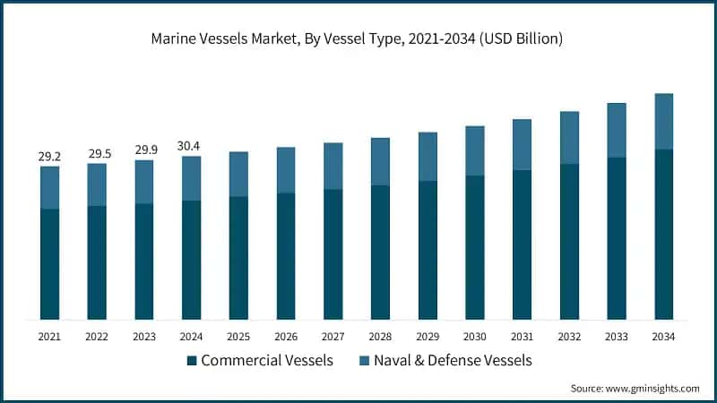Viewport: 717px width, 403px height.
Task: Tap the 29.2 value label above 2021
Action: click(50, 157)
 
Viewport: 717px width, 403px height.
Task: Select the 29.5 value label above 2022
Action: click(98, 154)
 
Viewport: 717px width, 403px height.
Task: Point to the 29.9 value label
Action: click(144, 150)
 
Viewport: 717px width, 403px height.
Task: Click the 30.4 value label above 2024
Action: click(192, 146)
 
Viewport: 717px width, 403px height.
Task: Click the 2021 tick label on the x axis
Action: click(50, 336)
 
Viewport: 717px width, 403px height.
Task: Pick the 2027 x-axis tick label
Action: click(333, 336)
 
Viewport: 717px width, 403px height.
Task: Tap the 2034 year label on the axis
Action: click(663, 336)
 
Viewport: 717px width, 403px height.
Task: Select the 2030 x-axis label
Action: click(475, 336)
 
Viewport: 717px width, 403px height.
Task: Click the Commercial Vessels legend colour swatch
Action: click(192, 361)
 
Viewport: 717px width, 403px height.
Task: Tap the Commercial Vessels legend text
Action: click(267, 361)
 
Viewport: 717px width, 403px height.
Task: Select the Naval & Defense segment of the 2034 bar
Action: click(663, 121)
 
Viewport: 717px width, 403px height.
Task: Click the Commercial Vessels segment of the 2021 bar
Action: click(50, 264)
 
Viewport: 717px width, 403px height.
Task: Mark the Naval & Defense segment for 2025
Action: click(238, 174)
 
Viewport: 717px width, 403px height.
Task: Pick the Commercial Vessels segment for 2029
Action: click(428, 250)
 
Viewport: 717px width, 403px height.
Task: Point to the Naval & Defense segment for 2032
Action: click(569, 138)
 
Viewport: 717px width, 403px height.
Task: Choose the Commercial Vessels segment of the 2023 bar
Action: click(144, 262)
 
